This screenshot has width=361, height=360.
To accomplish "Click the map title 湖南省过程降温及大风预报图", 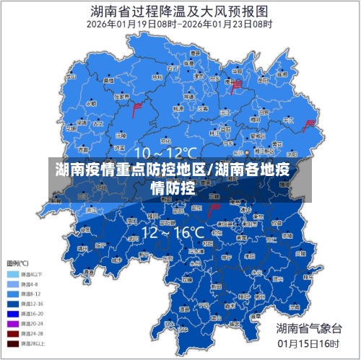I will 180,11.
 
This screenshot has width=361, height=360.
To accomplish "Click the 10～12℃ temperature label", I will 165,153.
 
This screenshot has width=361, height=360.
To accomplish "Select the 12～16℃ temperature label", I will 173,232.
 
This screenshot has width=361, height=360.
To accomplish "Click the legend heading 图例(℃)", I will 17,263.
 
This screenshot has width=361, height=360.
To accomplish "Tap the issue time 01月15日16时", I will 307,343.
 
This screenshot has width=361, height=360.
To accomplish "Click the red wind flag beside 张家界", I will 136,109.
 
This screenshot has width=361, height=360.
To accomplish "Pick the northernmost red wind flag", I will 236,86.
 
